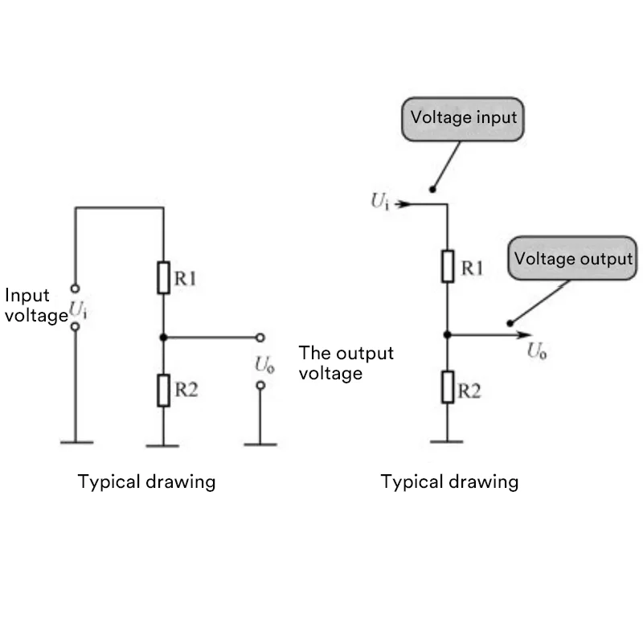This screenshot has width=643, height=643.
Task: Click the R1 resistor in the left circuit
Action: [x=163, y=277]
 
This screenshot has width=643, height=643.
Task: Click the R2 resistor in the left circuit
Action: [x=163, y=391]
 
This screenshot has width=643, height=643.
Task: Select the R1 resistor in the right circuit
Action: [x=448, y=266]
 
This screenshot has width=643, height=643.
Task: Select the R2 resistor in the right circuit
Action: [x=448, y=388]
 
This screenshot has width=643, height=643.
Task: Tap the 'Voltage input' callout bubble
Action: [x=463, y=117]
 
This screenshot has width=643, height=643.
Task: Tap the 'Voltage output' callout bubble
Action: [x=572, y=259]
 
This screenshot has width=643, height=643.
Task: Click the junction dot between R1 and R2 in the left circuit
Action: [x=163, y=338]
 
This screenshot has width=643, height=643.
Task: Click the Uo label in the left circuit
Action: [x=264, y=364]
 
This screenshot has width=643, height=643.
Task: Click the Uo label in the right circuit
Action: [x=537, y=351]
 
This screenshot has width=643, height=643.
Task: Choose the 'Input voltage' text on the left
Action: [x=35, y=305]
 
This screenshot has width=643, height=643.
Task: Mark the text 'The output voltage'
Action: [x=346, y=362]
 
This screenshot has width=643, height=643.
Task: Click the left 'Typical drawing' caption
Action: [x=146, y=481]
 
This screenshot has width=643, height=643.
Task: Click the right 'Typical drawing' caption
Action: [x=449, y=481]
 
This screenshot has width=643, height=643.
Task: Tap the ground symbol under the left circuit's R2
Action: [x=163, y=444]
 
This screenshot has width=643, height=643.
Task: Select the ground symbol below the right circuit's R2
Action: [x=448, y=440]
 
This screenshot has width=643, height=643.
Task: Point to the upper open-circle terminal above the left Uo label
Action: [x=260, y=338]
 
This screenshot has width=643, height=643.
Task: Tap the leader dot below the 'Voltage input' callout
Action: [x=432, y=190]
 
